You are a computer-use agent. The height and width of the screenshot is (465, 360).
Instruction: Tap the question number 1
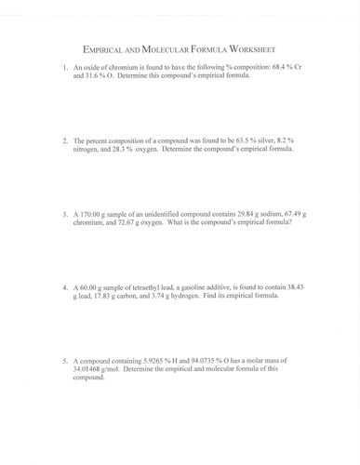[65, 68]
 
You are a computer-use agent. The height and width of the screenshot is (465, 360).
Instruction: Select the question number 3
[65, 213]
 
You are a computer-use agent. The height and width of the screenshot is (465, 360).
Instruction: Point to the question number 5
[65, 359]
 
